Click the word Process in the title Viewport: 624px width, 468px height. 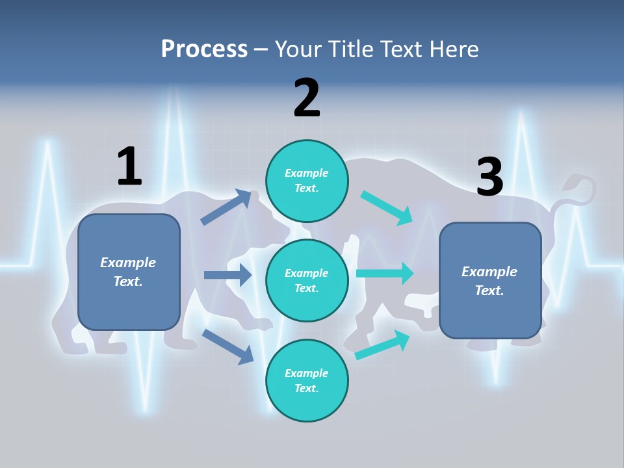click(204, 49)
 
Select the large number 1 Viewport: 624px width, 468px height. click(129, 166)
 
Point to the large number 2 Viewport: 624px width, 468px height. click(307, 98)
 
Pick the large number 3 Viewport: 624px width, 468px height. click(489, 176)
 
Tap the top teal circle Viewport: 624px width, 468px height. click(307, 181)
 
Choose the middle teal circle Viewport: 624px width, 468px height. click(307, 280)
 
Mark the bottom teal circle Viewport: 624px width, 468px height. click(307, 380)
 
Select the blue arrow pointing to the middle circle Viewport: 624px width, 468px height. click(227, 275)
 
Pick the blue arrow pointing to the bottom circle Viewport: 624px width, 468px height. click(227, 346)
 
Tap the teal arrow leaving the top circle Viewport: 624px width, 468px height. click(387, 208)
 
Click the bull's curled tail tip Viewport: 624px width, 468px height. click(572, 181)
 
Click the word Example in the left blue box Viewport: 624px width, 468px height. click(128, 263)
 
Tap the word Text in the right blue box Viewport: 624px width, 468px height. click(489, 291)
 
